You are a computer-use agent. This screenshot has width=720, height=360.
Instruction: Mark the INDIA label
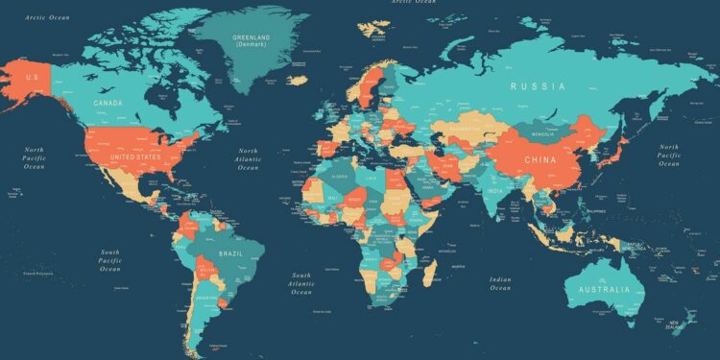tap(494, 190)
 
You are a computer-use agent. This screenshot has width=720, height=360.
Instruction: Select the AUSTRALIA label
tap(599, 289)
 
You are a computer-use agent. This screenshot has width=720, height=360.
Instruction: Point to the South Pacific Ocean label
tap(110, 260)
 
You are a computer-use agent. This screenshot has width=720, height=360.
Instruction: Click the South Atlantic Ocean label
tap(301, 283)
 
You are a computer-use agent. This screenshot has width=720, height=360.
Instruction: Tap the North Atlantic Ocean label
tap(249, 158)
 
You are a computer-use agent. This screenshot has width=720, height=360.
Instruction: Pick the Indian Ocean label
tap(500, 284)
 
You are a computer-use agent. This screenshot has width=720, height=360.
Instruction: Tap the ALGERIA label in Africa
tap(338, 176)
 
